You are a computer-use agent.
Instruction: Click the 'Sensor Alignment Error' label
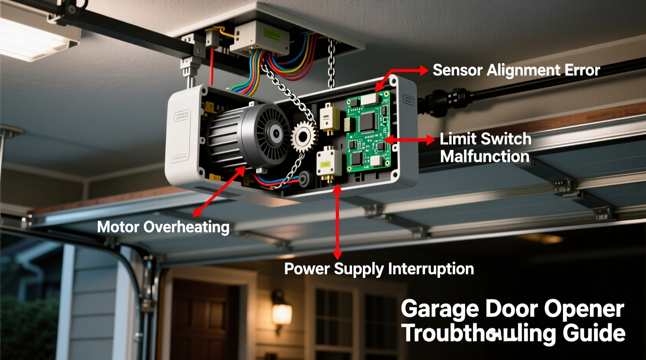516,71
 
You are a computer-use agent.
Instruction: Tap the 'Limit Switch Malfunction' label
485,148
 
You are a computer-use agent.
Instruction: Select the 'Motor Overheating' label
163,227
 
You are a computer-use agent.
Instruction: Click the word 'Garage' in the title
439,309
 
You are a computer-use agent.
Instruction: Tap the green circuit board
368,132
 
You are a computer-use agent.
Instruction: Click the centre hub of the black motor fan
276,134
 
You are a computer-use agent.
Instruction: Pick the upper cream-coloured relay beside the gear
330,118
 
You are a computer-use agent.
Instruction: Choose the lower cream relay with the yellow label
329,163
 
